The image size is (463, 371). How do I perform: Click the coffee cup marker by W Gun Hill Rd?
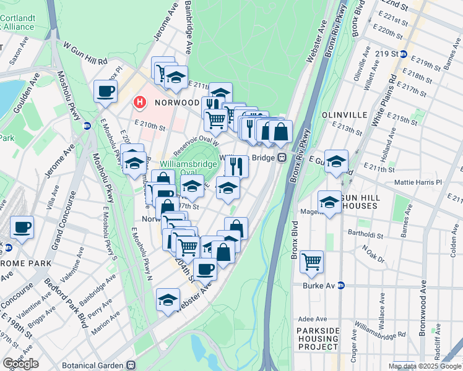pyautogui.click(x=106, y=92)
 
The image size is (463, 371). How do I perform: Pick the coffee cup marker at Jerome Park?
pyautogui.click(x=22, y=227)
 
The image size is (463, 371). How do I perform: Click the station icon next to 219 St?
pyautogui.click(x=403, y=54)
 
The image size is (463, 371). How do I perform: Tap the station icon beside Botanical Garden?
pyautogui.click(x=131, y=365)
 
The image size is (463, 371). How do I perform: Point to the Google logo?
pyautogui.click(x=20, y=363)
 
